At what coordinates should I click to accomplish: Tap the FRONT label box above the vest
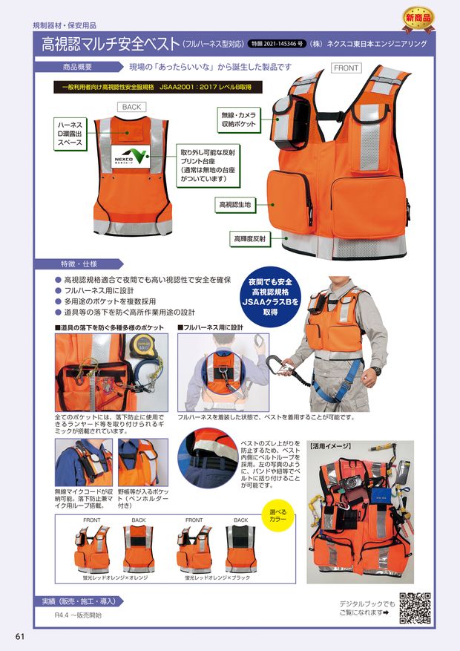point(346,68)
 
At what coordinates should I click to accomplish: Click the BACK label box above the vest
point(131,107)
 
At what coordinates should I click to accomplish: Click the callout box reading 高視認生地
point(233,203)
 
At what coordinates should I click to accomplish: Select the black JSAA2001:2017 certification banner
point(157,87)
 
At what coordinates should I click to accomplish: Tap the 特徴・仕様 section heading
point(79,263)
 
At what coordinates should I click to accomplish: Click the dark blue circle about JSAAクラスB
point(274,297)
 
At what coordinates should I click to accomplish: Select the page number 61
point(20,636)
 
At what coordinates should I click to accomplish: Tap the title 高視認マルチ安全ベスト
point(111,44)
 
